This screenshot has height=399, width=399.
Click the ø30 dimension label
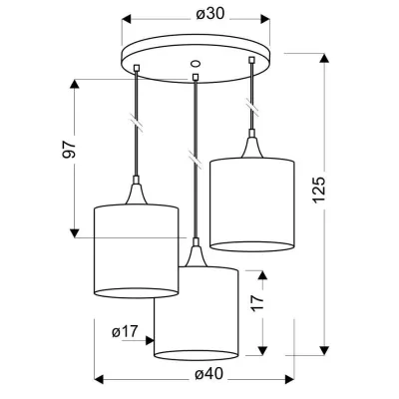(x=209, y=14)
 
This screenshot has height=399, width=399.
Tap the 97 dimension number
(x=70, y=150)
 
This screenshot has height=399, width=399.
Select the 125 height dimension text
(x=318, y=190)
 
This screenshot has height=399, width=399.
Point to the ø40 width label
(x=209, y=374)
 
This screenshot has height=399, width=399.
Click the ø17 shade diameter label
(x=125, y=331)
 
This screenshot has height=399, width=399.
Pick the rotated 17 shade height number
(x=258, y=302)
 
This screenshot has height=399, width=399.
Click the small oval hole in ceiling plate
(x=195, y=63)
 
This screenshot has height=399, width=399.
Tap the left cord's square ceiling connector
(x=137, y=68)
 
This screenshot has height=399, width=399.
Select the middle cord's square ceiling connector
(x=196, y=77)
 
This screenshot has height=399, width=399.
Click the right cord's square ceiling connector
(x=252, y=60)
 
